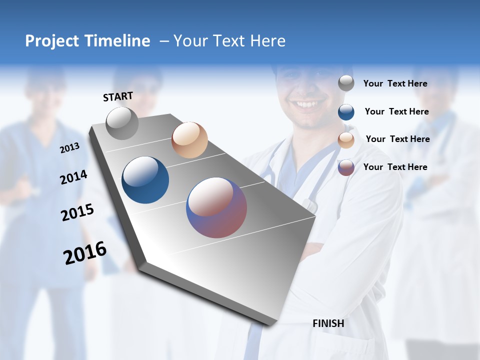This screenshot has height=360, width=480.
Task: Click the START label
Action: (118, 96)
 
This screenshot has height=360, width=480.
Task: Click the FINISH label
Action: (328, 323)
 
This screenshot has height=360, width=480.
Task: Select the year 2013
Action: (69, 148)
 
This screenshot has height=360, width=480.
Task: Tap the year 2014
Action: (73, 177)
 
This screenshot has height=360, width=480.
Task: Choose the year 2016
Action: (85, 253)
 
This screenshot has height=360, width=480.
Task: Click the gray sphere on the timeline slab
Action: (122, 123)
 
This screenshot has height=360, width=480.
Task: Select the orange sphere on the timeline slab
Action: (189, 140)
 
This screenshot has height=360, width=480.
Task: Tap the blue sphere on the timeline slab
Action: (145, 180)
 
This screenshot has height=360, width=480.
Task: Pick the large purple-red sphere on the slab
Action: (216, 207)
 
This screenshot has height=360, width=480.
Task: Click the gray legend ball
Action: (346, 83)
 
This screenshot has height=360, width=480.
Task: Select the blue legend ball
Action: (346, 111)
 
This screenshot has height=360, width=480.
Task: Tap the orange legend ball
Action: (346, 139)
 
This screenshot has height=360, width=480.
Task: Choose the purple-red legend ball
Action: (346, 167)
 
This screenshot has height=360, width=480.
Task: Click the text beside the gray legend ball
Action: (395, 83)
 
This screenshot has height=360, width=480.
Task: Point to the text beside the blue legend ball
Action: (396, 111)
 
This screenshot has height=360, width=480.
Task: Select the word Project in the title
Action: (52, 41)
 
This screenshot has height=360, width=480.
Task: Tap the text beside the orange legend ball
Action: (397, 139)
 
